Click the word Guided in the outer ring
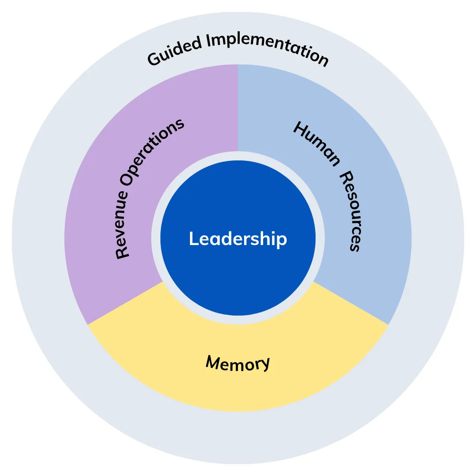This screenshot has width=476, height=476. tap(174, 50)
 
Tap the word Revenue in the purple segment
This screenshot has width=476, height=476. tap(123, 224)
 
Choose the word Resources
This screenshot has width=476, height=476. tap(351, 211)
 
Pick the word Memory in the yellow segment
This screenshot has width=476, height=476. tap(238, 363)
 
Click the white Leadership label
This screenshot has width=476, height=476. tap(238, 239)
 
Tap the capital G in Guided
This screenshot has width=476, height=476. tap(155, 59)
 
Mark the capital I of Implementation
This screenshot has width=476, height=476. tap(209, 41)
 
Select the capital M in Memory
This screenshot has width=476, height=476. tap(214, 361)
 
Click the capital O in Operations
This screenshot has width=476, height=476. tap(127, 178)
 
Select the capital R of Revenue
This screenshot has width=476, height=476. tap(123, 253)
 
